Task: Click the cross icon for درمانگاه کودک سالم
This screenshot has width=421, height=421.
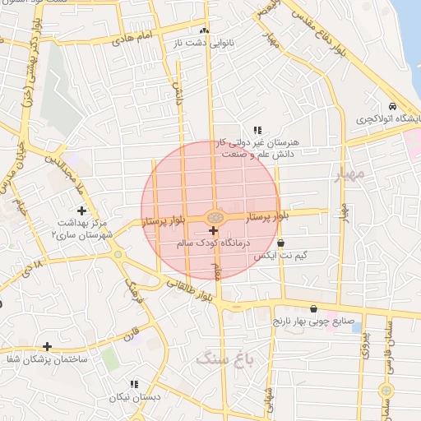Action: coord(214,231)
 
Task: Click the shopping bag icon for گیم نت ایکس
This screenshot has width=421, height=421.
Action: coord(281,243)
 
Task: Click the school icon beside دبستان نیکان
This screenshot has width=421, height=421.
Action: coord(133,383)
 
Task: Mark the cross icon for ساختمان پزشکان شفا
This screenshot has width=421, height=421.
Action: coord(47,347)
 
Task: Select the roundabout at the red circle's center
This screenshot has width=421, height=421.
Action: coord(214,217)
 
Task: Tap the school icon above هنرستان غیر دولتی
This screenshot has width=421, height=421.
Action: coord(257,130)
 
